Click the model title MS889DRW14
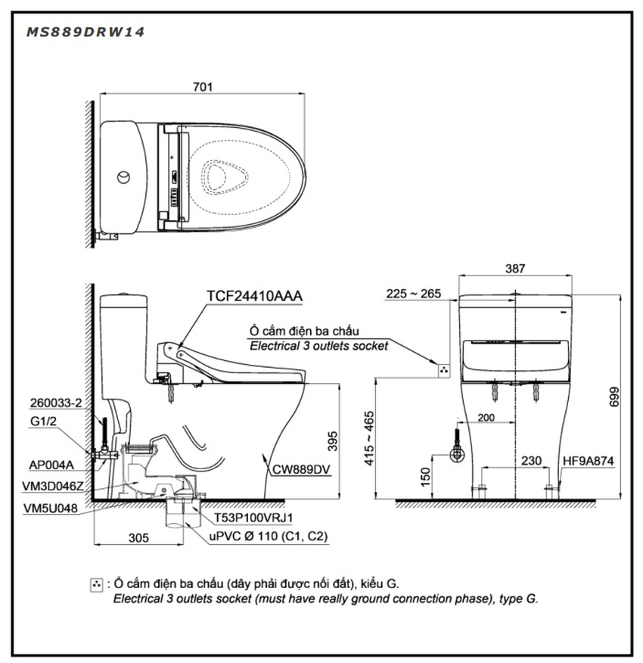[x=85, y=32]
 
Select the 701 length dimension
[x=203, y=87]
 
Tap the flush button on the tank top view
[x=123, y=177]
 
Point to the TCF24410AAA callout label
[x=254, y=296]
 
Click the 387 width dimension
[x=515, y=269]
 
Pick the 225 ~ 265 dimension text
[x=414, y=294]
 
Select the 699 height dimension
[x=614, y=397]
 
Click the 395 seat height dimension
[x=333, y=441]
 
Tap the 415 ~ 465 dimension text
[x=369, y=438]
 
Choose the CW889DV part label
[x=301, y=469]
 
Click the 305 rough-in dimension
[x=138, y=537]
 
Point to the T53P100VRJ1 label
[x=253, y=518]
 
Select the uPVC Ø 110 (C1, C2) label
[x=269, y=536]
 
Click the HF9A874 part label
[x=588, y=460]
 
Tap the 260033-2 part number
[x=56, y=403]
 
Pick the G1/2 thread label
[x=43, y=421]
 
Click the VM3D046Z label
[x=53, y=486]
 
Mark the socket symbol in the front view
[x=443, y=370]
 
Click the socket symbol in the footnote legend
[x=96, y=585]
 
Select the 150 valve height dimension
[x=425, y=477]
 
